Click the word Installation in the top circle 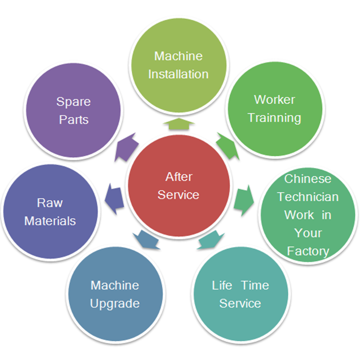click(x=178, y=74)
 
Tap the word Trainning click(x=274, y=118)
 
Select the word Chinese click(x=308, y=179)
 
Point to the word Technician click(x=308, y=197)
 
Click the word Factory click(x=308, y=251)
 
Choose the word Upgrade click(x=114, y=303)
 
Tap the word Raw click(x=49, y=203)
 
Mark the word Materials click(x=49, y=221)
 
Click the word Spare click(x=73, y=102)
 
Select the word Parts click(x=73, y=120)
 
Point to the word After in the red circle click(x=178, y=177)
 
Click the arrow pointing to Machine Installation click(x=178, y=124)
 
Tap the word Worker click(x=274, y=99)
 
